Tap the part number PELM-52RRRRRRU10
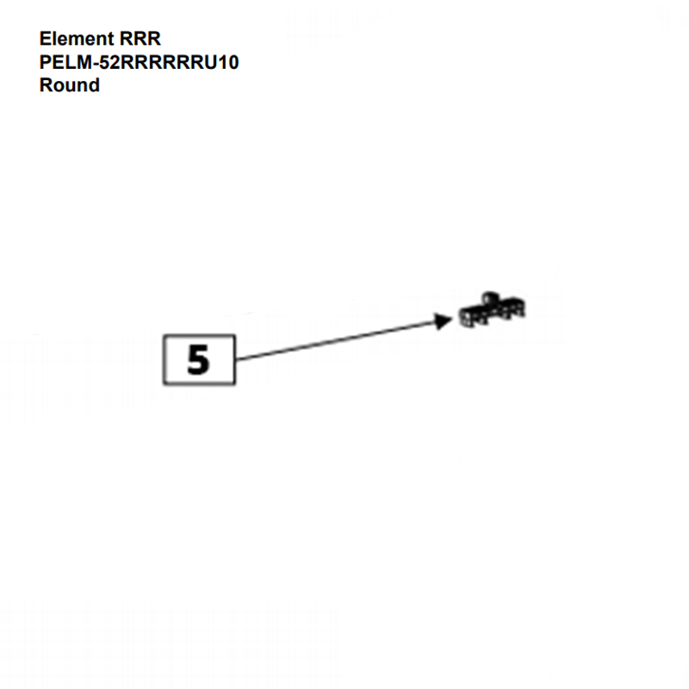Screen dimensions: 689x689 139,63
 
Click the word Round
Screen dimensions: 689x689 69,85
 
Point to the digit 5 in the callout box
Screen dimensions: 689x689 198,359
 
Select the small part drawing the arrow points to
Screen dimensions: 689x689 492,311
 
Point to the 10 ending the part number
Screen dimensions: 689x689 228,63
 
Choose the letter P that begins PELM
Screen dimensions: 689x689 46,63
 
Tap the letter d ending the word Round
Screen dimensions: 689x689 93,85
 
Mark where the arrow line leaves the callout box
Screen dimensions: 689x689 236,358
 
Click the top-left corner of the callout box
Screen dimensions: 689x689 163,335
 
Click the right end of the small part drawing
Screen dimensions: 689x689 525,308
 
